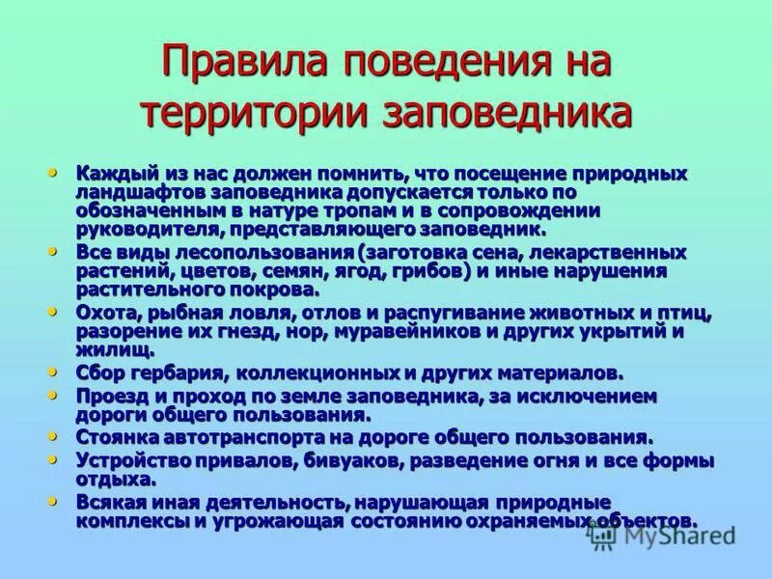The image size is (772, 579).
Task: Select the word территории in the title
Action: pos(254,112)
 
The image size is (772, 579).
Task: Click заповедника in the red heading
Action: pos(510,112)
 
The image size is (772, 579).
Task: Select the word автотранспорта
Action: pos(256,438)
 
